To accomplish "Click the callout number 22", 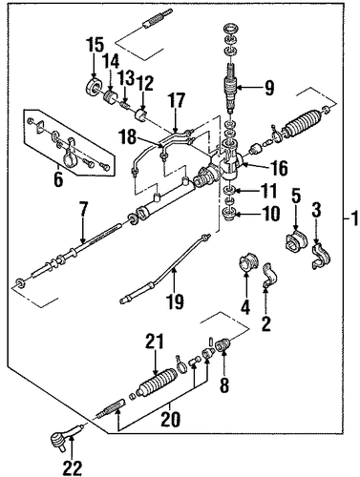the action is pyautogui.click(x=73, y=467).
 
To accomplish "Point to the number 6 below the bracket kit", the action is pyautogui.click(x=58, y=179).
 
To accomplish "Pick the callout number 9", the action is pyautogui.click(x=269, y=88).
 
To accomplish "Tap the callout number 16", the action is pyautogui.click(x=279, y=168).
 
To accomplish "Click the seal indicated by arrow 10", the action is pyautogui.click(x=230, y=214).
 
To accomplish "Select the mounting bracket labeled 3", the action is pyautogui.click(x=321, y=256).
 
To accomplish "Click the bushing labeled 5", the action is pyautogui.click(x=296, y=241).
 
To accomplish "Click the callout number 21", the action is pyautogui.click(x=155, y=342).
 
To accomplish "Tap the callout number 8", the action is pyautogui.click(x=224, y=385).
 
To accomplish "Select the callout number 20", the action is pyautogui.click(x=170, y=419).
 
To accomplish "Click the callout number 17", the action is pyautogui.click(x=177, y=100).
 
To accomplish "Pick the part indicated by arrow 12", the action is pyautogui.click(x=141, y=116).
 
